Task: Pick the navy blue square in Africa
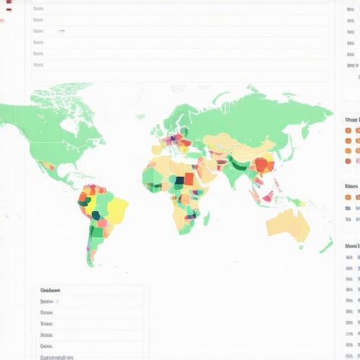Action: click(x=180, y=179)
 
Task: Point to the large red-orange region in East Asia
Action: click(x=264, y=166)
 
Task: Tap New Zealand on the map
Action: click(x=326, y=246)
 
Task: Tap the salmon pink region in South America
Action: click(x=101, y=223)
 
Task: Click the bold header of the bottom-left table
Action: click(x=50, y=290)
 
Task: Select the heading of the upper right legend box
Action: click(x=351, y=120)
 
